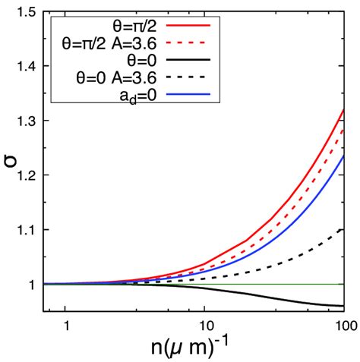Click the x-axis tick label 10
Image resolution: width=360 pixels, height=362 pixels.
(204, 323)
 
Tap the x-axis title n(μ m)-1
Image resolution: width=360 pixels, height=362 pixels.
(198, 347)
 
